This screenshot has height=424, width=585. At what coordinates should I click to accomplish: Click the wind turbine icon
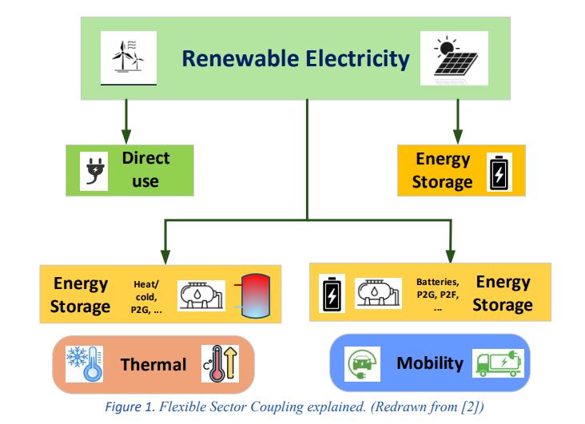point(126,57)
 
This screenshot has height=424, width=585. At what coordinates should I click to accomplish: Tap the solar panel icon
point(456,57)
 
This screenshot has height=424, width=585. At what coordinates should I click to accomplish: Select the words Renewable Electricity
point(296,58)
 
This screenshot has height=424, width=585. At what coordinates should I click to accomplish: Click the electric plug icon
point(94,170)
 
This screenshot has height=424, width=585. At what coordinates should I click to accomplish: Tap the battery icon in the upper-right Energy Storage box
point(499,171)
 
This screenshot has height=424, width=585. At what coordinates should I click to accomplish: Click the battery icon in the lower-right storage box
point(332,294)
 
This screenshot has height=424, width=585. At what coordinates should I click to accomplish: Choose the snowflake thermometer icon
point(83,363)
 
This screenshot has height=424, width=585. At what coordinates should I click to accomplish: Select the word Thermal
point(153,365)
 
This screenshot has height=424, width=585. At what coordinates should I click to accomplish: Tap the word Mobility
point(430,363)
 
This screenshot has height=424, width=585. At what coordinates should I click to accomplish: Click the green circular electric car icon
point(363,364)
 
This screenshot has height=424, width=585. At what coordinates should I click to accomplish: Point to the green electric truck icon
point(497,364)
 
